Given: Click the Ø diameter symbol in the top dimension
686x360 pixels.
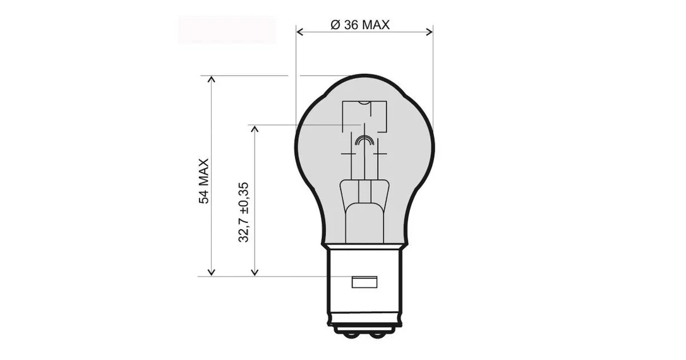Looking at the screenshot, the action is pyautogui.click(x=335, y=25).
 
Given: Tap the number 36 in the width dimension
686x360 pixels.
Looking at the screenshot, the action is pyautogui.click(x=351, y=25).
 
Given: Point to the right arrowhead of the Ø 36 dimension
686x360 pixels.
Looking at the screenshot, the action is pyautogui.click(x=429, y=32).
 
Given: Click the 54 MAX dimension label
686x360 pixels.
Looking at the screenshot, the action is pyautogui.click(x=204, y=181).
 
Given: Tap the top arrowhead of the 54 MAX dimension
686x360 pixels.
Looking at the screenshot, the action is pyautogui.click(x=212, y=79).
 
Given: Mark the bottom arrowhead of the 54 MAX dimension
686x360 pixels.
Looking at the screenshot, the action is pyautogui.click(x=212, y=272).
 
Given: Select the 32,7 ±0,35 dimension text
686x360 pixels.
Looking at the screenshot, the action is pyautogui.click(x=243, y=212).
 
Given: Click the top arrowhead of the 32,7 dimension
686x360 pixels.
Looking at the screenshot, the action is pyautogui.click(x=255, y=129).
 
